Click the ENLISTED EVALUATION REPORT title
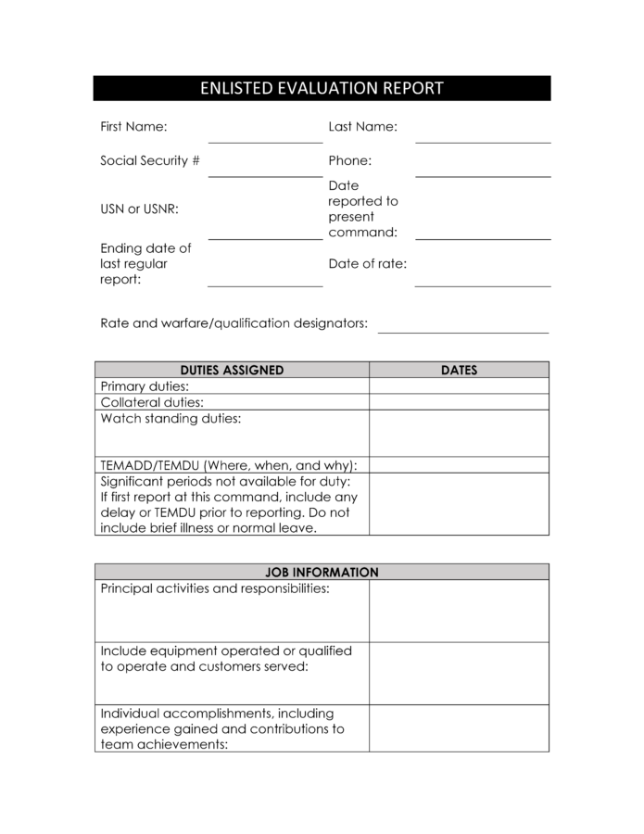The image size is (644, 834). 322,89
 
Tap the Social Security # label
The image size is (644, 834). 150,160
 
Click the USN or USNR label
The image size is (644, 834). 139,208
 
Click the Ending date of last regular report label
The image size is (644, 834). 145,263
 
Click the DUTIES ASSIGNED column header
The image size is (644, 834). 232,370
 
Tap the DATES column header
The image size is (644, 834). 459,370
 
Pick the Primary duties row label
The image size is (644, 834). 145,386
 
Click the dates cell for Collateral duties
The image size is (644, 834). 459,402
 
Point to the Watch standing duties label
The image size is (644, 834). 170,419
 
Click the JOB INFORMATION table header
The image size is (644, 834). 322,573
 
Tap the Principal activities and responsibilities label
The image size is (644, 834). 214,589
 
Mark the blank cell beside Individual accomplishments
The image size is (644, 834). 459,728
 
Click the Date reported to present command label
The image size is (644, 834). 362,208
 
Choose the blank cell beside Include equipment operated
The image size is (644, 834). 459,673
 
